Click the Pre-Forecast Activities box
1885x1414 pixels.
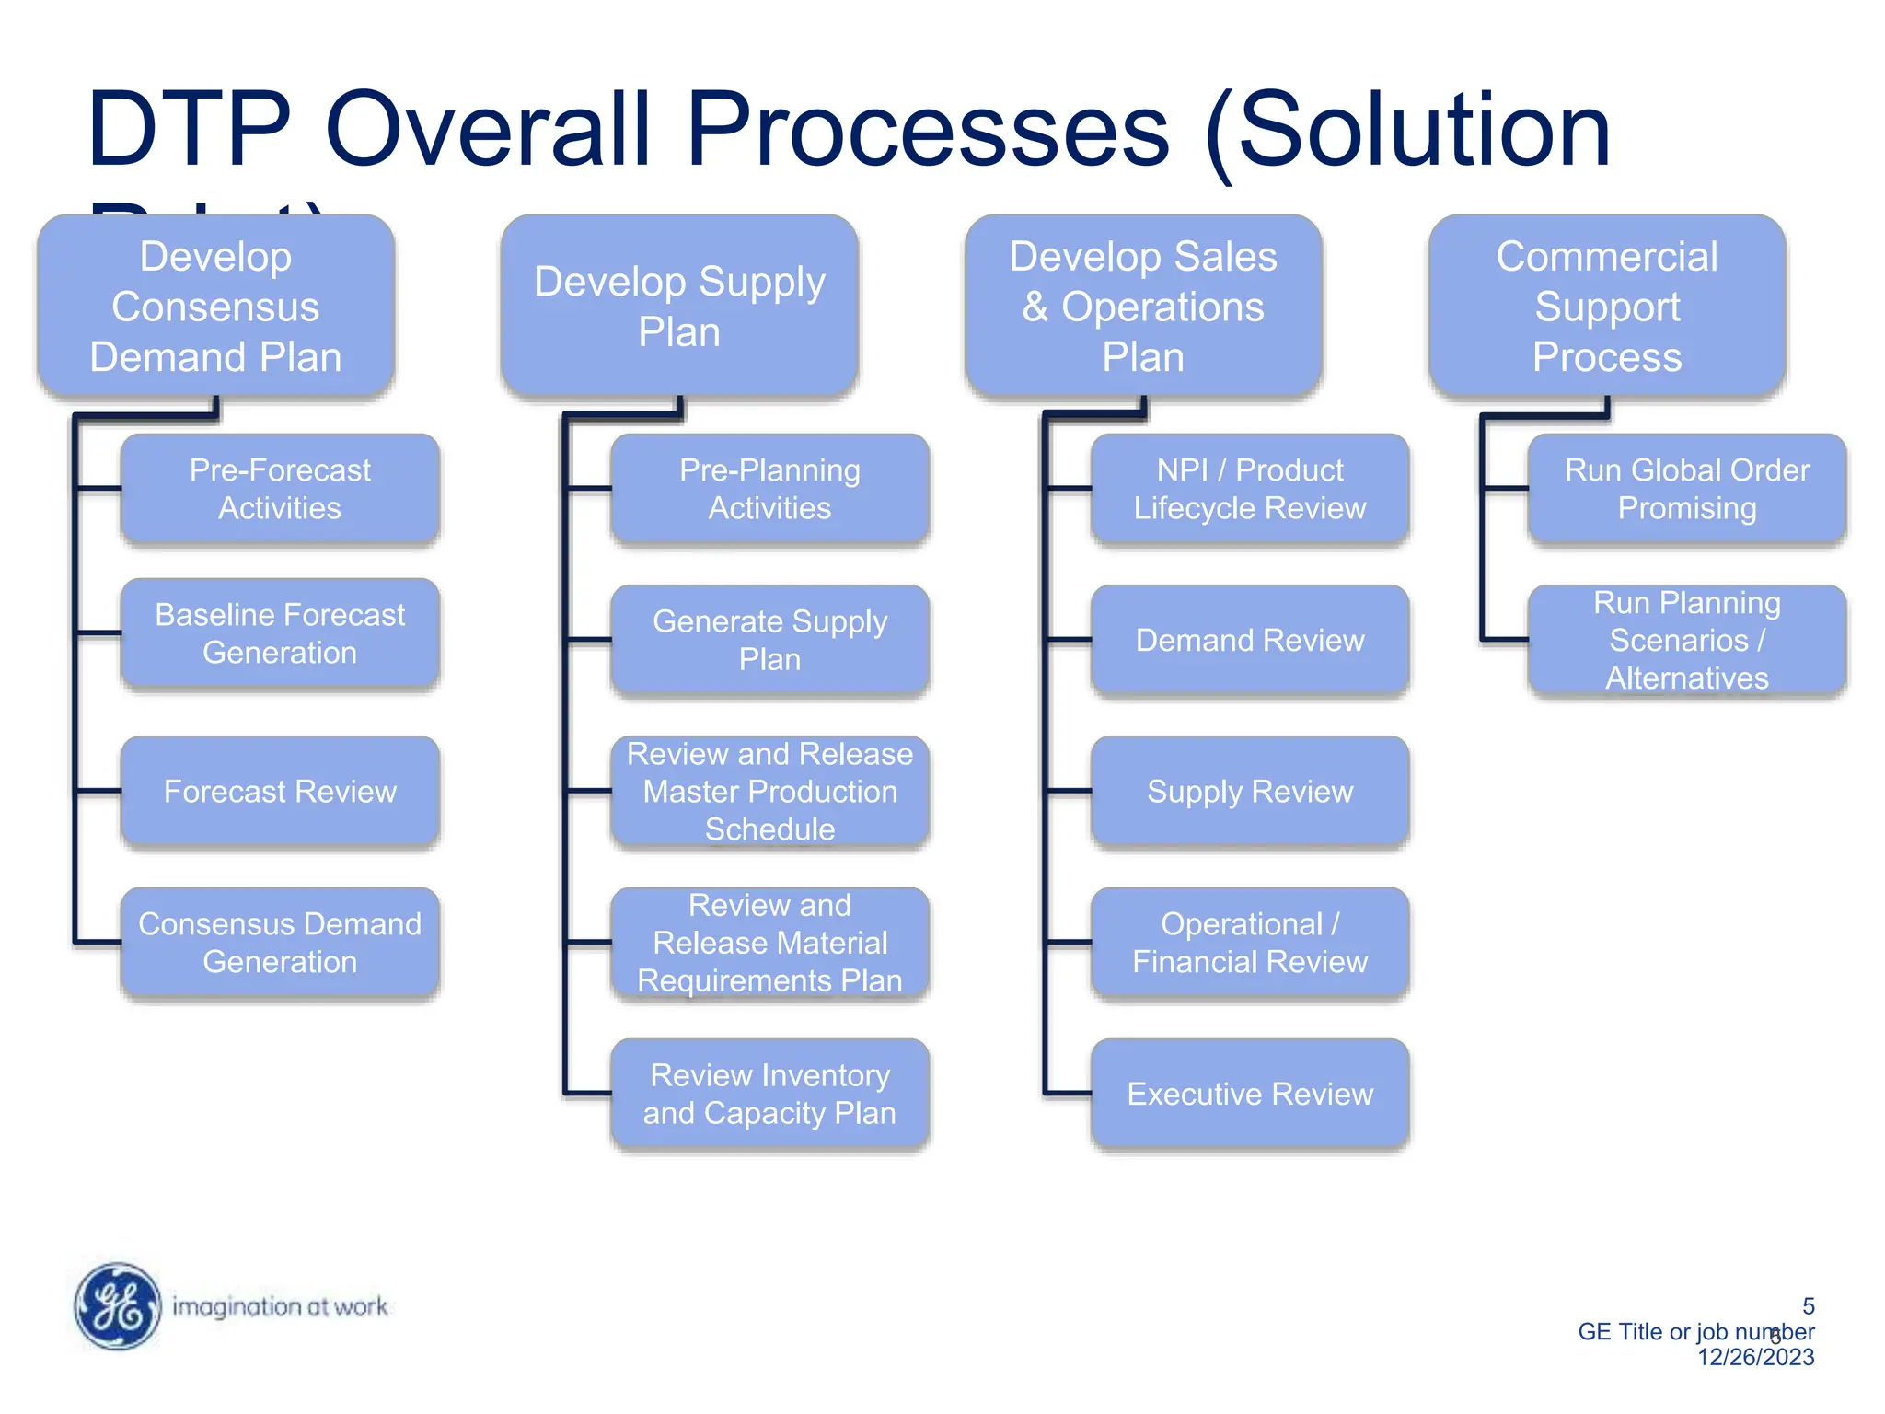[x=280, y=489]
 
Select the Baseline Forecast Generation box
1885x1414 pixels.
[x=280, y=633]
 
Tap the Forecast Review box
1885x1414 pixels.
[x=280, y=791]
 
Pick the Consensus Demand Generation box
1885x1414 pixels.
[x=280, y=943]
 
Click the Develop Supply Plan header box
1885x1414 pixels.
[x=679, y=307]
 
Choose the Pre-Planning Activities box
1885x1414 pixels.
[x=769, y=489]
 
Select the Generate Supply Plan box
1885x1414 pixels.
[x=769, y=640]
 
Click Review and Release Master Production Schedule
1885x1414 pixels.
[x=769, y=791]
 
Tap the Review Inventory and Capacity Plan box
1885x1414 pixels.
[x=769, y=1094]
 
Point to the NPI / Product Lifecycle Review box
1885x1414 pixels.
[x=1250, y=489]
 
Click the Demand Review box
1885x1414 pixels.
[x=1250, y=640]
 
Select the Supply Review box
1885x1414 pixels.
[x=1250, y=791]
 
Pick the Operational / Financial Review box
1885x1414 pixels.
[x=1250, y=943]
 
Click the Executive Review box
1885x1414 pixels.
[x=1250, y=1094]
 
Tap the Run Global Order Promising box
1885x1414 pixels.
[x=1686, y=489]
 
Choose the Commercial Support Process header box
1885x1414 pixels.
[x=1607, y=307]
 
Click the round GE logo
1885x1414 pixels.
[x=118, y=1306]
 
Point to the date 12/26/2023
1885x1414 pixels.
[x=1755, y=1357]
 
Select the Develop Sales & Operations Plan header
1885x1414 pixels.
[x=1143, y=307]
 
